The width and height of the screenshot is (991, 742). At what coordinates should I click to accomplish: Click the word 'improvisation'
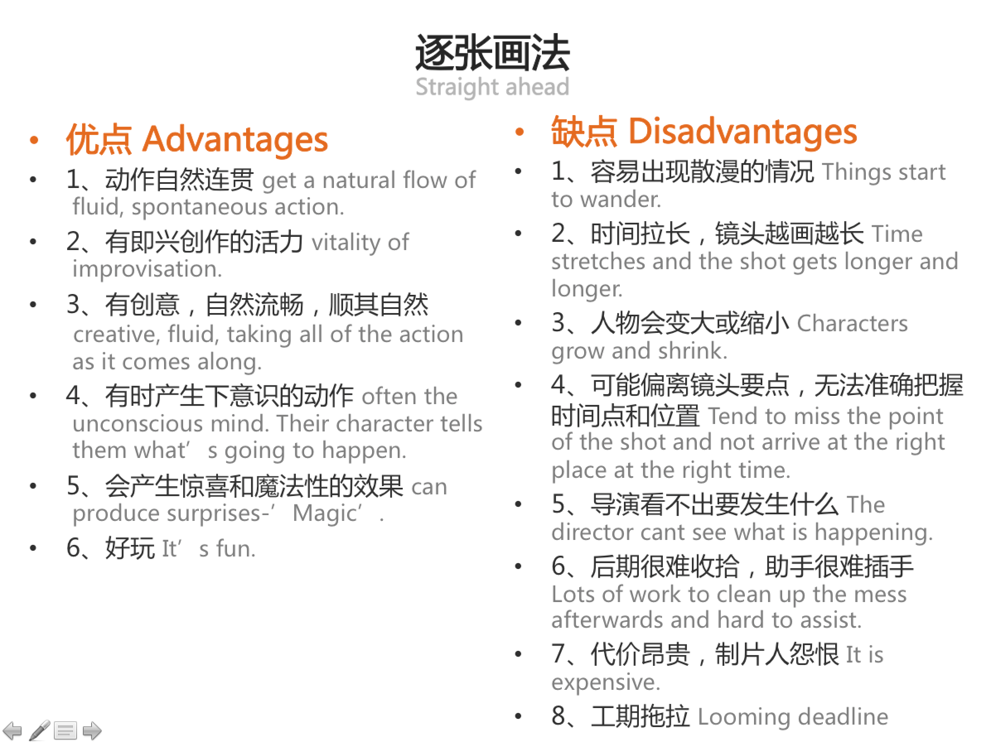point(147,269)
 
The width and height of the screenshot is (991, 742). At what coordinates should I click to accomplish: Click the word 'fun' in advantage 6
point(236,549)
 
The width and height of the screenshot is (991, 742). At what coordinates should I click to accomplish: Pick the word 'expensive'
point(605,682)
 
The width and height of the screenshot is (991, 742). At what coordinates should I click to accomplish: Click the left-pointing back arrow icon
point(12,731)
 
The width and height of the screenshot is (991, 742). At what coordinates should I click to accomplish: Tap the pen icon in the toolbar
point(39,730)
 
